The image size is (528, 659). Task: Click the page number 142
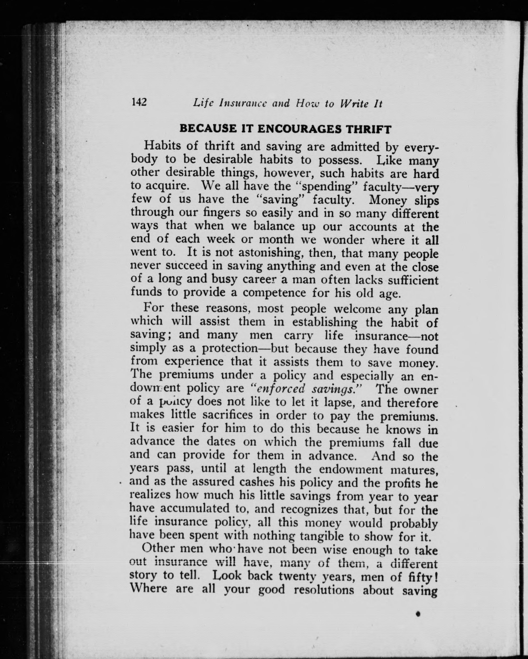coord(139,102)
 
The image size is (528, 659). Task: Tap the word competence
coord(274,293)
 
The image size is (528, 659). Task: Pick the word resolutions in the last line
coord(324,589)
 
